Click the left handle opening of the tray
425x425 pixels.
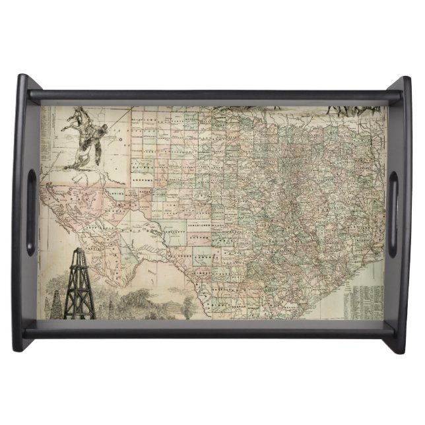(30, 212)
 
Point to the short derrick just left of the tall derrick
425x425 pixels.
(57, 303)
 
